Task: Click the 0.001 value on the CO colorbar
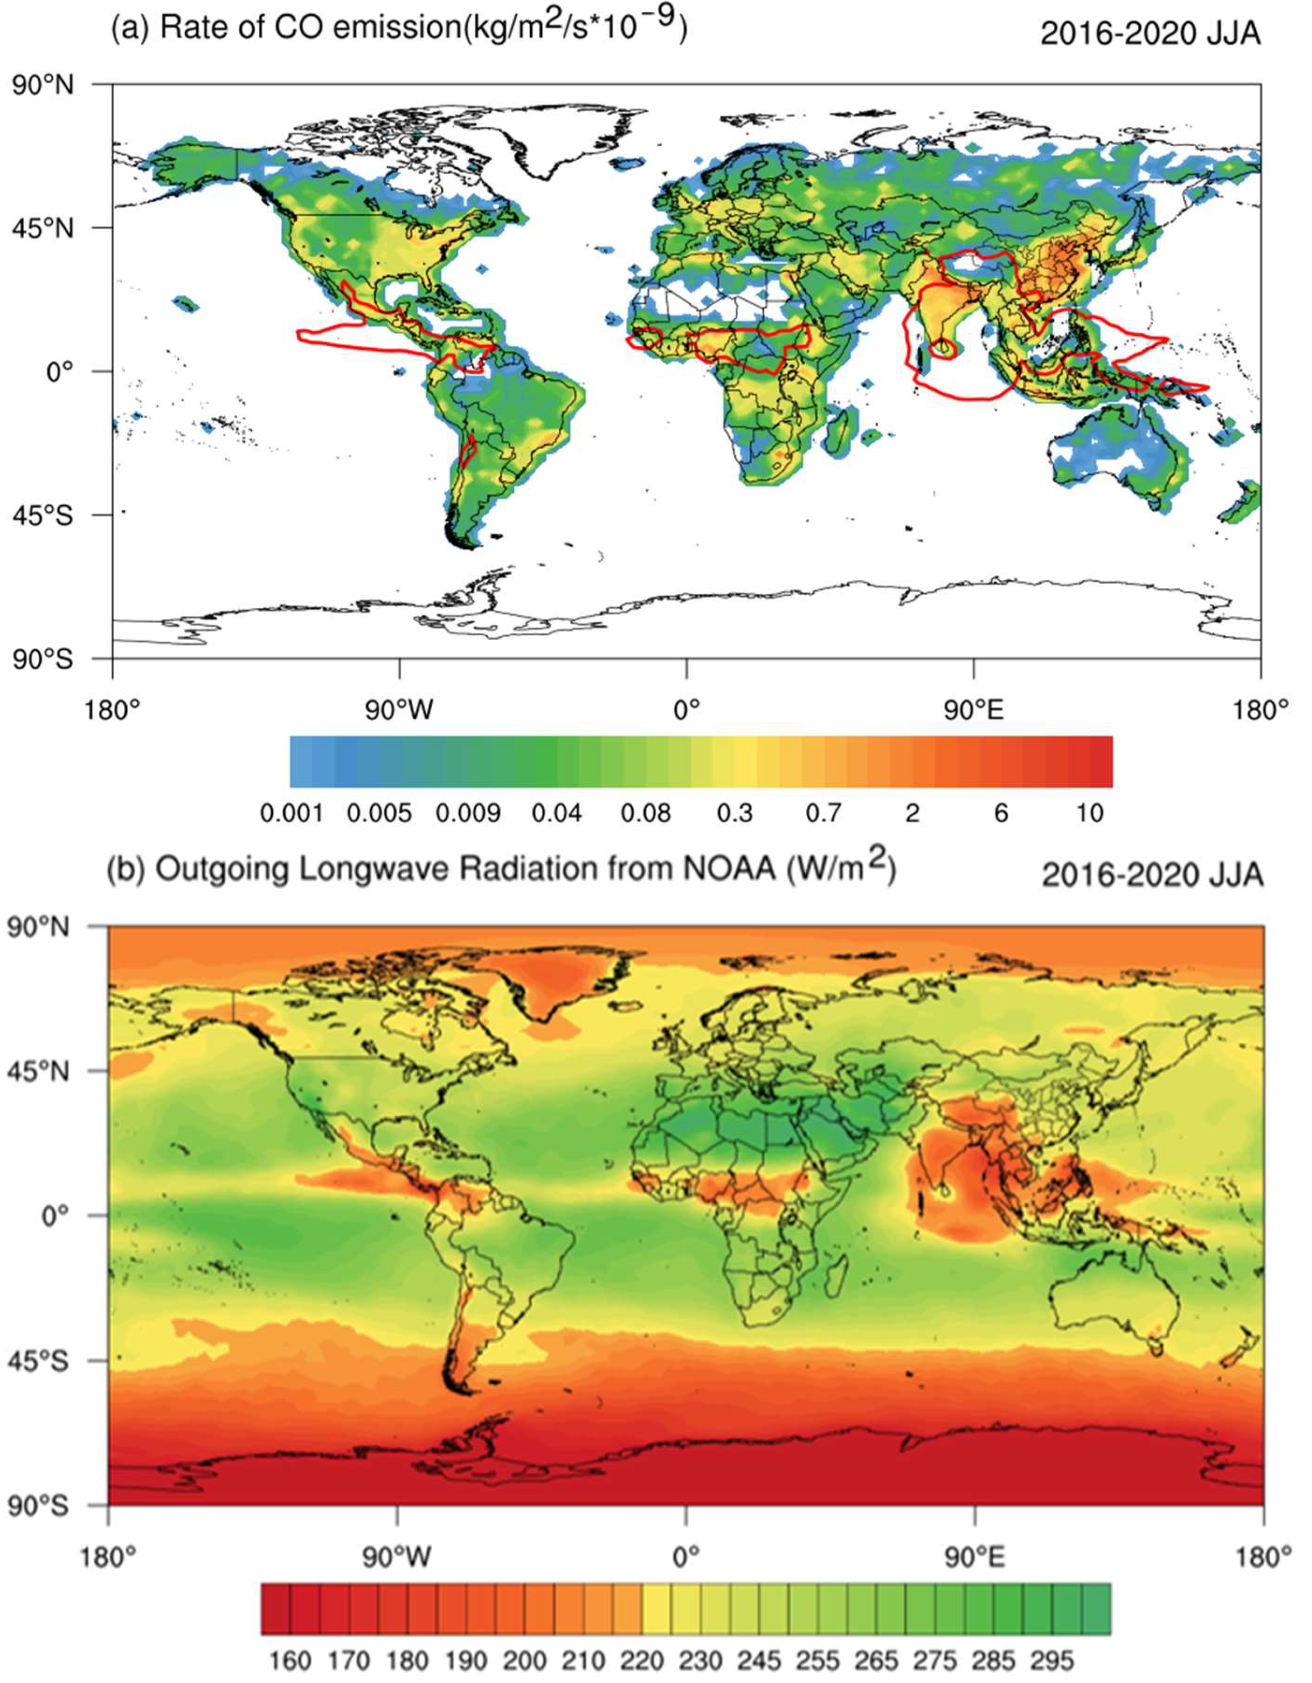tap(291, 814)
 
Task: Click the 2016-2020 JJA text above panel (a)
tap(1150, 35)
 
